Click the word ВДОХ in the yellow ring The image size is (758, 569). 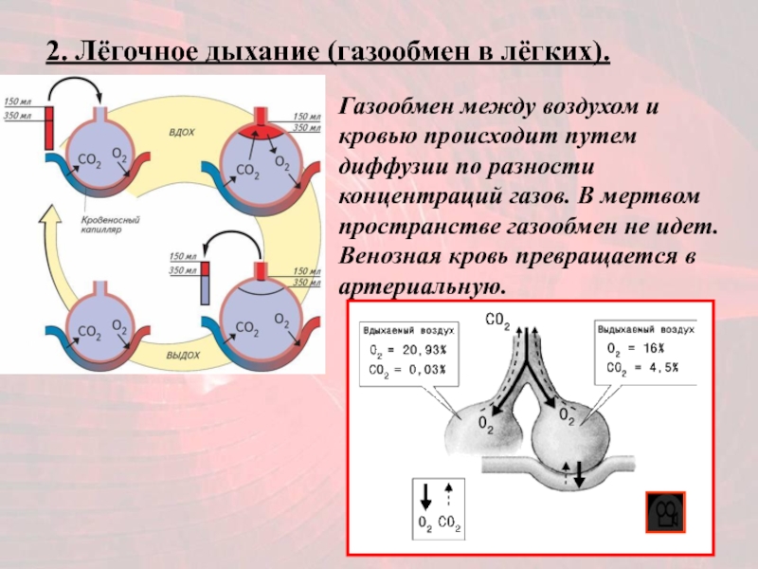click(182, 133)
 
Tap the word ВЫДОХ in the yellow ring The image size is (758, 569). click(182, 354)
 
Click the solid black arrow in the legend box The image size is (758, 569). click(425, 496)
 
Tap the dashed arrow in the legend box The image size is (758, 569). click(449, 495)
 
